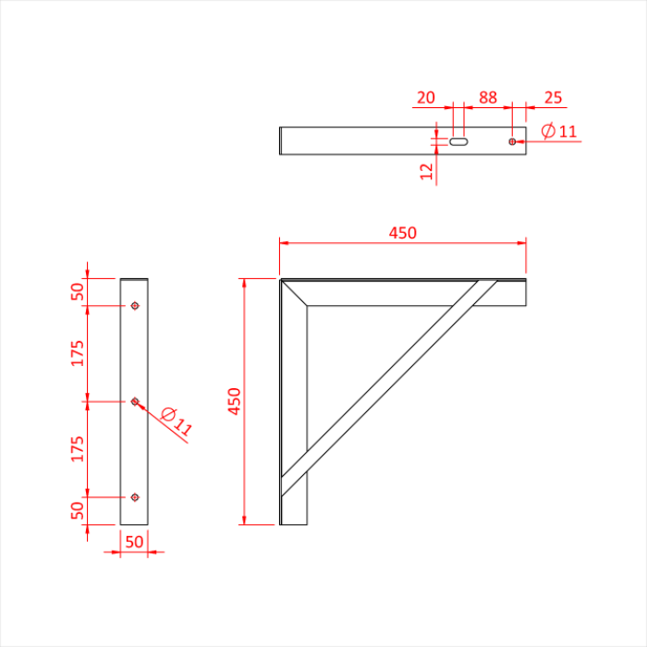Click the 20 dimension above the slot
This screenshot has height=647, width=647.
pos(426,98)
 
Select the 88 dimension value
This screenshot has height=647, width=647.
pos(487,98)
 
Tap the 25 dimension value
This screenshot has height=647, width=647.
pos(553,98)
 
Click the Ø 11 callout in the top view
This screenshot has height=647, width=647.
pos(558,131)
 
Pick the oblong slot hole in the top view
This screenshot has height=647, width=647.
pos(459,141)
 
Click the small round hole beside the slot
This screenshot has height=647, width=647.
pos(512,141)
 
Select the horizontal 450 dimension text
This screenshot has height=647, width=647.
pos(402,233)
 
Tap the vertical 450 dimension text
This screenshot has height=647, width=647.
pos(234,401)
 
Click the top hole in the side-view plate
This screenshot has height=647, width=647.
pos(135,306)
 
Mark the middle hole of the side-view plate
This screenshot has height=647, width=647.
pos(135,401)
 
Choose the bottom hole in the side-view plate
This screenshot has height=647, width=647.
pos(135,497)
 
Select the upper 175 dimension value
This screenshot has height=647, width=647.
pos(78,353)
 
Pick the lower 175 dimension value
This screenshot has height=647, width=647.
pos(78,448)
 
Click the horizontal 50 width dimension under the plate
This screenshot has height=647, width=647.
pos(134,543)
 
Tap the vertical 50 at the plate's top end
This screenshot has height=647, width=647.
pos(78,292)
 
